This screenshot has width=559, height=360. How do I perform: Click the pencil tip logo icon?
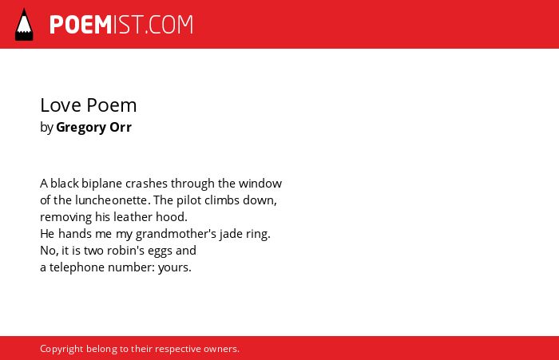click(x=24, y=25)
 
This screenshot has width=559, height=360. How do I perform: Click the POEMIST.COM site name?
click(x=121, y=25)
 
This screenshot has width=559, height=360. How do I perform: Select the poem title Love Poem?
click(x=89, y=105)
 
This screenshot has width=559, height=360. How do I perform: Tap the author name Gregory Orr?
click(x=93, y=127)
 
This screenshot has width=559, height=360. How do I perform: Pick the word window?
click(x=260, y=184)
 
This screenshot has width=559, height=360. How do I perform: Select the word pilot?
click(x=189, y=200)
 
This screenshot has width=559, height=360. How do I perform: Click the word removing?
click(x=66, y=217)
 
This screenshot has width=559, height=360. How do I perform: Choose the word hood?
click(x=172, y=217)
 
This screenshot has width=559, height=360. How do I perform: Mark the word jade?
click(x=231, y=234)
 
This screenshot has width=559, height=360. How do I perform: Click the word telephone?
click(x=77, y=267)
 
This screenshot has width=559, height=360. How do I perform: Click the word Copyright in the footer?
click(x=61, y=349)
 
